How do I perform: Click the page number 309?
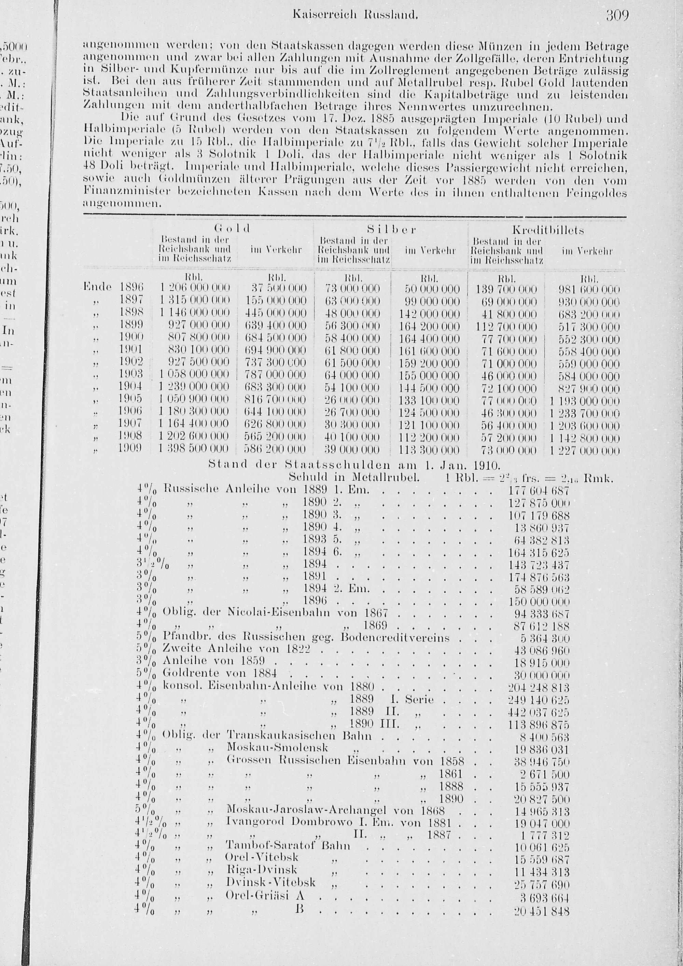pyautogui.click(x=617, y=16)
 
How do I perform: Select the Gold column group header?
pyautogui.click(x=232, y=229)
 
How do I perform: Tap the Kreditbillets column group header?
pyautogui.click(x=548, y=230)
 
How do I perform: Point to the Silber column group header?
pyautogui.click(x=391, y=229)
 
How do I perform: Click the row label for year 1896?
pyautogui.click(x=131, y=287)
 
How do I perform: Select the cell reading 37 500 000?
pyautogui.click(x=279, y=289)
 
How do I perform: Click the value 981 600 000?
pyautogui.click(x=589, y=289)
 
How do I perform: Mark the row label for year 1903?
pyautogui.click(x=131, y=374)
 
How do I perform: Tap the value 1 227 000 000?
pyautogui.click(x=585, y=451)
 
